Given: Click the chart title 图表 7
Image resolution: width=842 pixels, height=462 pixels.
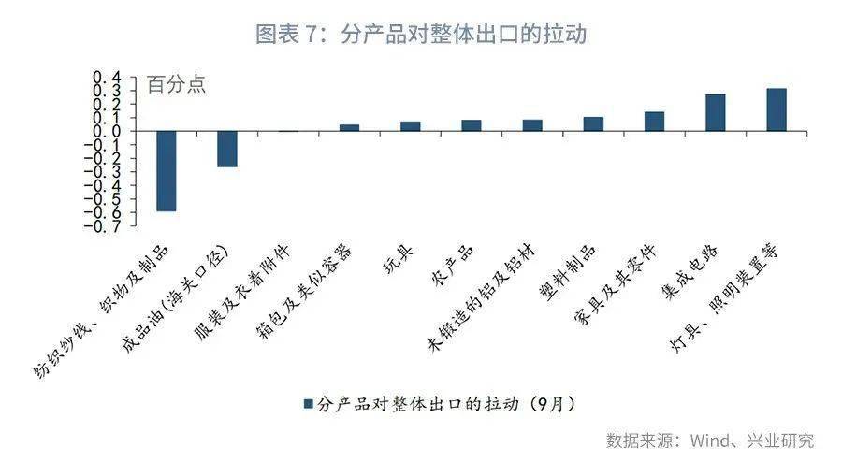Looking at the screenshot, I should click(x=421, y=35).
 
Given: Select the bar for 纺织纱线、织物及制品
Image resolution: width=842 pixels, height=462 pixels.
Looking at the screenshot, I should click(x=167, y=171).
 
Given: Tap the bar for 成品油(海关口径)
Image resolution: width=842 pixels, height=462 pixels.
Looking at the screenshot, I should click(x=227, y=149).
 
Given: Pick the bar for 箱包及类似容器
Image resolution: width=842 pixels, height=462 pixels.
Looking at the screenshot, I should click(x=349, y=127).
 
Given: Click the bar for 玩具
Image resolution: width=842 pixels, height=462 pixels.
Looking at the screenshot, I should click(x=411, y=126).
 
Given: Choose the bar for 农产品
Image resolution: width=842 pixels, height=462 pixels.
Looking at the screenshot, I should click(x=472, y=125).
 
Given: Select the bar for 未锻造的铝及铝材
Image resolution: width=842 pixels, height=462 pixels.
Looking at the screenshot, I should click(x=532, y=125).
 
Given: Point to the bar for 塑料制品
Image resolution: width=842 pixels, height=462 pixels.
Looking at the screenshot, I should click(x=593, y=123).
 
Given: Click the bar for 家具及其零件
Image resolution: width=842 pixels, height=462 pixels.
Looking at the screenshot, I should click(x=654, y=122).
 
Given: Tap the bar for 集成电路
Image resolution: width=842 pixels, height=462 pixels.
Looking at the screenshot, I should click(x=716, y=112).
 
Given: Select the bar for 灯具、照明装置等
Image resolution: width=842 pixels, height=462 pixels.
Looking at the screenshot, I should click(x=777, y=109).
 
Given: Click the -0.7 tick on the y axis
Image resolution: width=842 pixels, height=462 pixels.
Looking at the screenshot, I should click(x=106, y=224).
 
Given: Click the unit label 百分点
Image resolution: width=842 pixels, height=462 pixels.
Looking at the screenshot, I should click(x=177, y=84).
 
